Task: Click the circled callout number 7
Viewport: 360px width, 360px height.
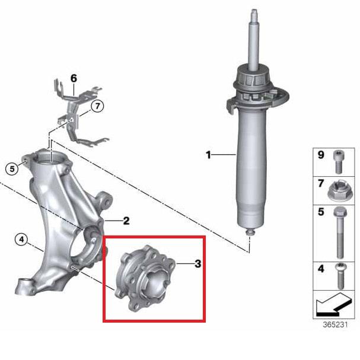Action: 98,106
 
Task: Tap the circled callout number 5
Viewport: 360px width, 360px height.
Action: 12,169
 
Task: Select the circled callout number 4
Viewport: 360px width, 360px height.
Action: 21,240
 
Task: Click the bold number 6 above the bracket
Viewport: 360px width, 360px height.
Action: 74,78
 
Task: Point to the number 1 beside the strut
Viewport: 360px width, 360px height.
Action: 209,155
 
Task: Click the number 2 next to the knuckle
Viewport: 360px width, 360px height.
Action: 126,221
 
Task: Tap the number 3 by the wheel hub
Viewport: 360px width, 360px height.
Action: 197,264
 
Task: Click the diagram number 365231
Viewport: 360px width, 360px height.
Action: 335,324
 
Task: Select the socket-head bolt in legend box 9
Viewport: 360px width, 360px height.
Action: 337,162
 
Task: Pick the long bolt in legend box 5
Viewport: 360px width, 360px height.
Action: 340,232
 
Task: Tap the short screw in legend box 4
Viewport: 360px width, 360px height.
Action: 341,276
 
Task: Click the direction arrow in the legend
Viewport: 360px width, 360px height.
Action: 333,305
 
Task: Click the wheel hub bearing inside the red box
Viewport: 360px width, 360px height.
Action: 145,278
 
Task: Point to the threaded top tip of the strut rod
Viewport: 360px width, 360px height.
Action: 254,11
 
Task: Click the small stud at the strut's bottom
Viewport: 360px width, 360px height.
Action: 249,232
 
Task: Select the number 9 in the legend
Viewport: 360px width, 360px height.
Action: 321,155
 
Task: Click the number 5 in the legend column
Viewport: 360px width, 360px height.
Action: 321,212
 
